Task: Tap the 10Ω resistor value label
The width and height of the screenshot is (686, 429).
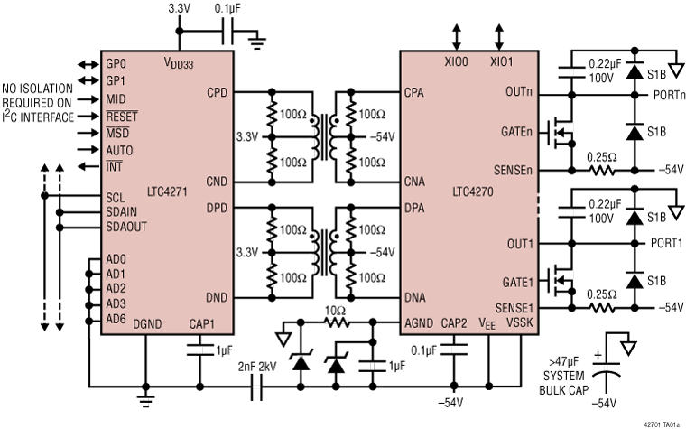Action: coord(336,310)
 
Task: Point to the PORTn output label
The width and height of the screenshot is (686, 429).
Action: coord(668,93)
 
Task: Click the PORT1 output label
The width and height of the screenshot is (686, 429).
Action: coord(668,244)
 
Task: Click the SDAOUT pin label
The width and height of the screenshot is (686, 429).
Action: coord(127,227)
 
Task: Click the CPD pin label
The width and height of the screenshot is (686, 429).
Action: coord(218,92)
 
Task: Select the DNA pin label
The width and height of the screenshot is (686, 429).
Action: coord(416,297)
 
